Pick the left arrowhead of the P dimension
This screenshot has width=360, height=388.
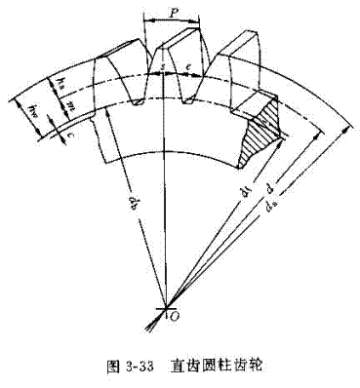point(145,22)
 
